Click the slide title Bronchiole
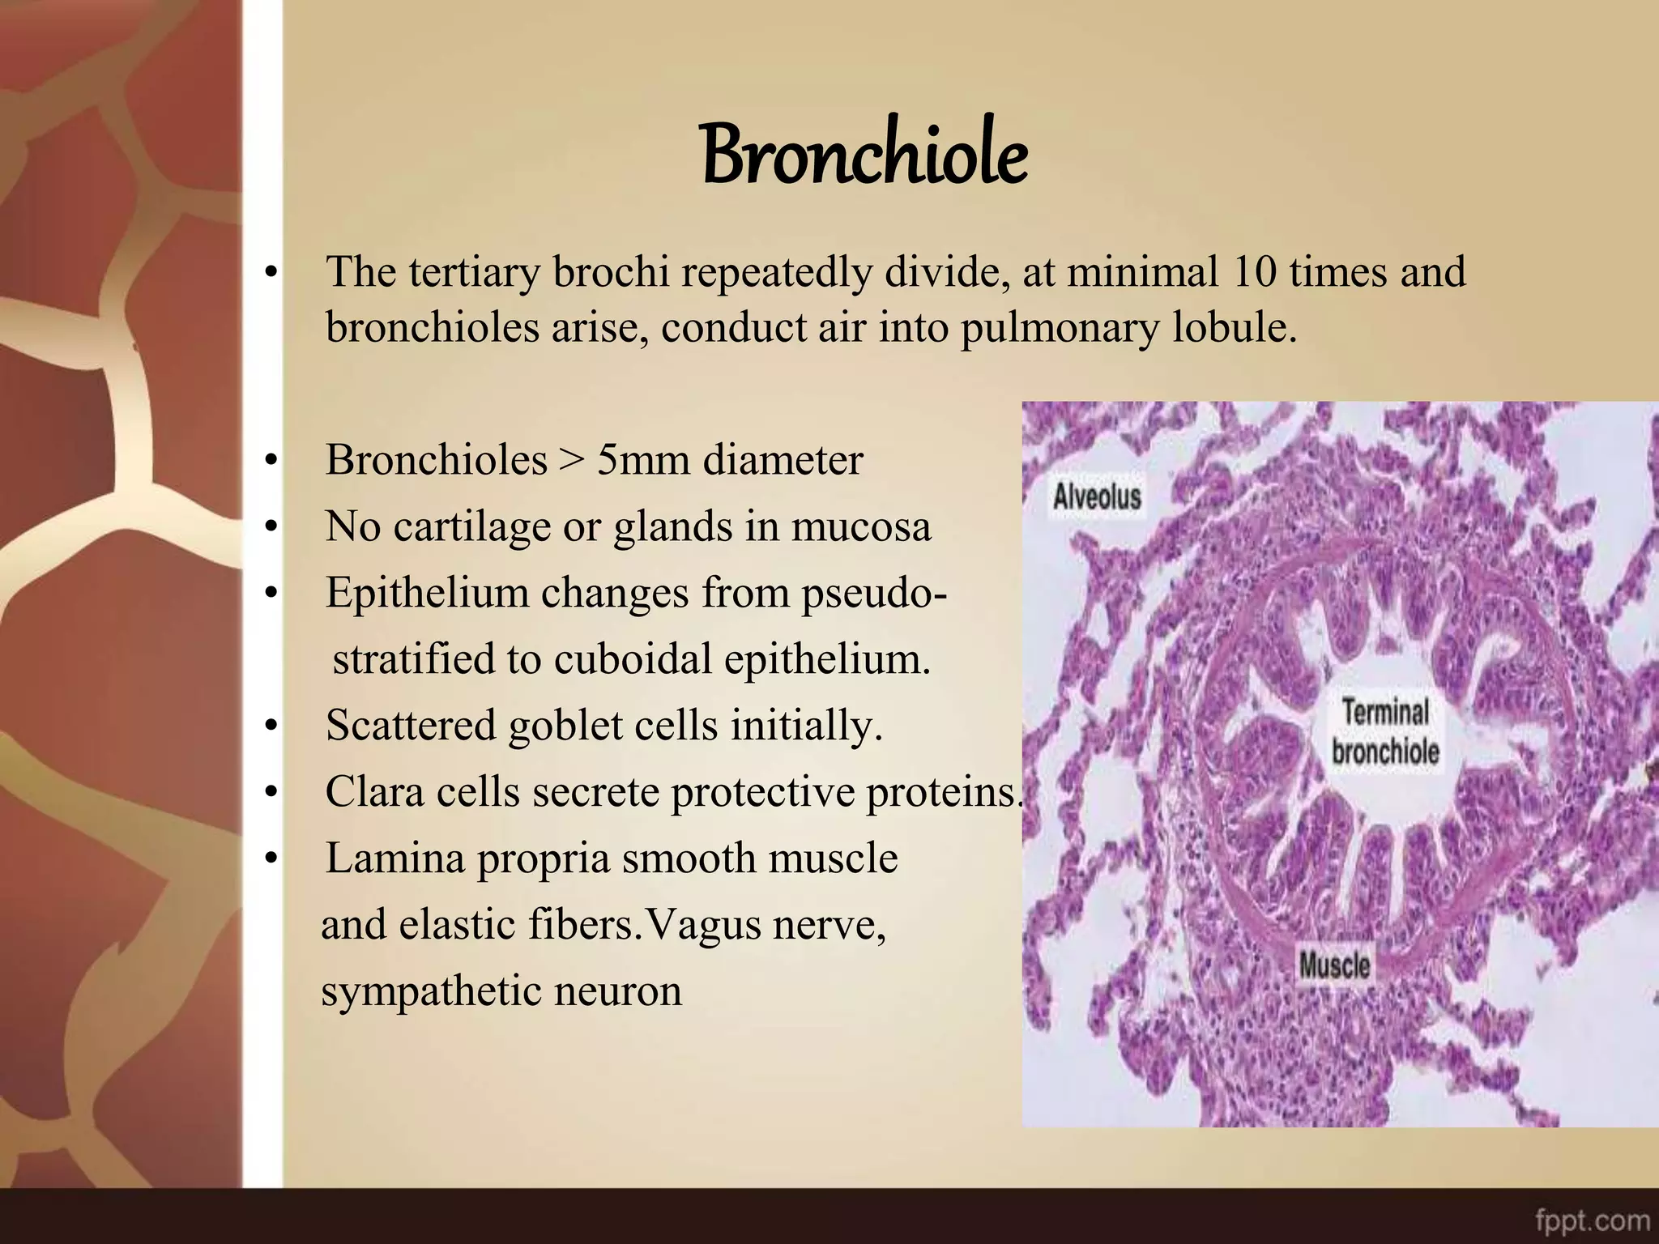point(864,154)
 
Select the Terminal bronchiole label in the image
point(1385,731)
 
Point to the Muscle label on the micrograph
point(1334,965)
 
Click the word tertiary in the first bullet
point(473,272)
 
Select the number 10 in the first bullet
point(1254,272)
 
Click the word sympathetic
point(431,991)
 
